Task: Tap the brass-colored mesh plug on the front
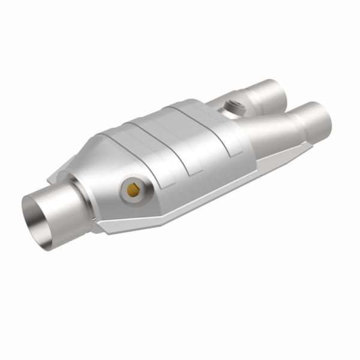(132, 190)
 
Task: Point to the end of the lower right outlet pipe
(321, 120)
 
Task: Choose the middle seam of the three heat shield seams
(186, 144)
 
